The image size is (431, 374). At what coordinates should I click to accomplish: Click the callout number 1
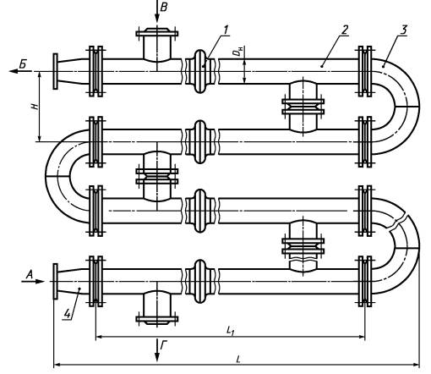pyautogui.click(x=226, y=30)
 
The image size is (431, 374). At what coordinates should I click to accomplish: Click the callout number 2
pyautogui.click(x=345, y=30)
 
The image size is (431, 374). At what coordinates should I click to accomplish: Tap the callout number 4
pyautogui.click(x=68, y=314)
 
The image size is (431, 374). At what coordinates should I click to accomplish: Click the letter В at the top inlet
pyautogui.click(x=164, y=7)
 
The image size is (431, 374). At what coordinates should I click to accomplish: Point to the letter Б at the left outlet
pyautogui.click(x=23, y=64)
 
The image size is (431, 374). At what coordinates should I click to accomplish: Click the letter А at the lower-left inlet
pyautogui.click(x=30, y=274)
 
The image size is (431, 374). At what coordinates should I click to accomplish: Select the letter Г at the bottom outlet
pyautogui.click(x=164, y=346)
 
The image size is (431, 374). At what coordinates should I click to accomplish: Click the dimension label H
pyautogui.click(x=35, y=107)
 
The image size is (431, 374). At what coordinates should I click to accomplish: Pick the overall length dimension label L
pyautogui.click(x=238, y=359)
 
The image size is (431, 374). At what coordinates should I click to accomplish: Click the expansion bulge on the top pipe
pyautogui.click(x=200, y=71)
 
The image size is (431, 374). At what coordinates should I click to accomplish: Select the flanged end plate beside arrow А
pyautogui.click(x=56, y=281)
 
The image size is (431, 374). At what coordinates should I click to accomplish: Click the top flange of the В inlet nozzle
pyautogui.click(x=157, y=34)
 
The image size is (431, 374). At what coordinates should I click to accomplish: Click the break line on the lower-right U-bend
pyautogui.click(x=398, y=223)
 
